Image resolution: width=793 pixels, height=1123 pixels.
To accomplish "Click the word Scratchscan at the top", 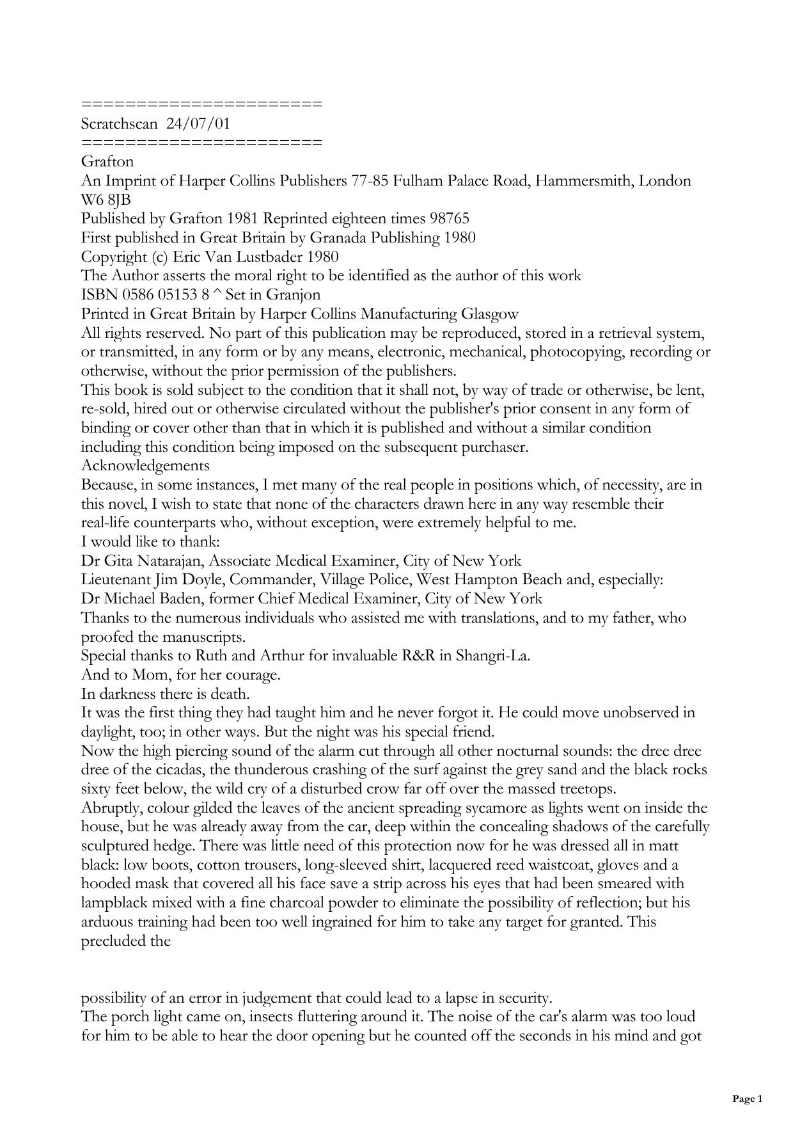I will coord(119,123).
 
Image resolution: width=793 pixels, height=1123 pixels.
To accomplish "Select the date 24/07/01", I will coord(198,123).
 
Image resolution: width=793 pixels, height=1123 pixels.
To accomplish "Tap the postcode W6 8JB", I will coord(106,200).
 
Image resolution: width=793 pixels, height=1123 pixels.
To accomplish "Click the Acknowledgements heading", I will coord(145,466).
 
